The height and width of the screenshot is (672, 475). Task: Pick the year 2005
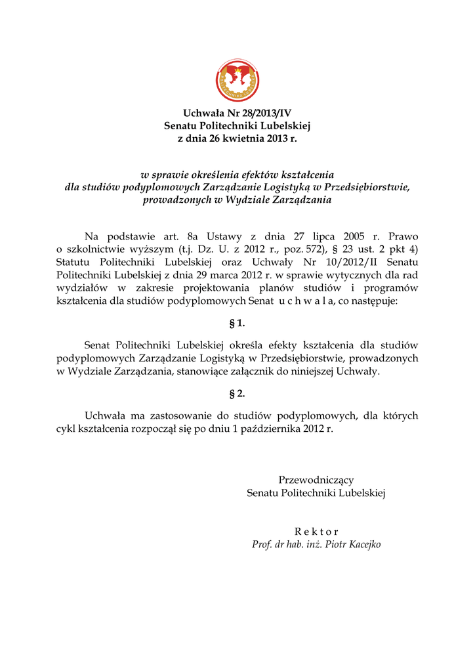[356, 236]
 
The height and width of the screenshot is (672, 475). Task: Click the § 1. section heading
[237, 323]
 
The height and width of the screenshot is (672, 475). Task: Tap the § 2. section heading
[237, 394]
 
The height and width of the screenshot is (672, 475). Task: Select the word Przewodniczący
[316, 480]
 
